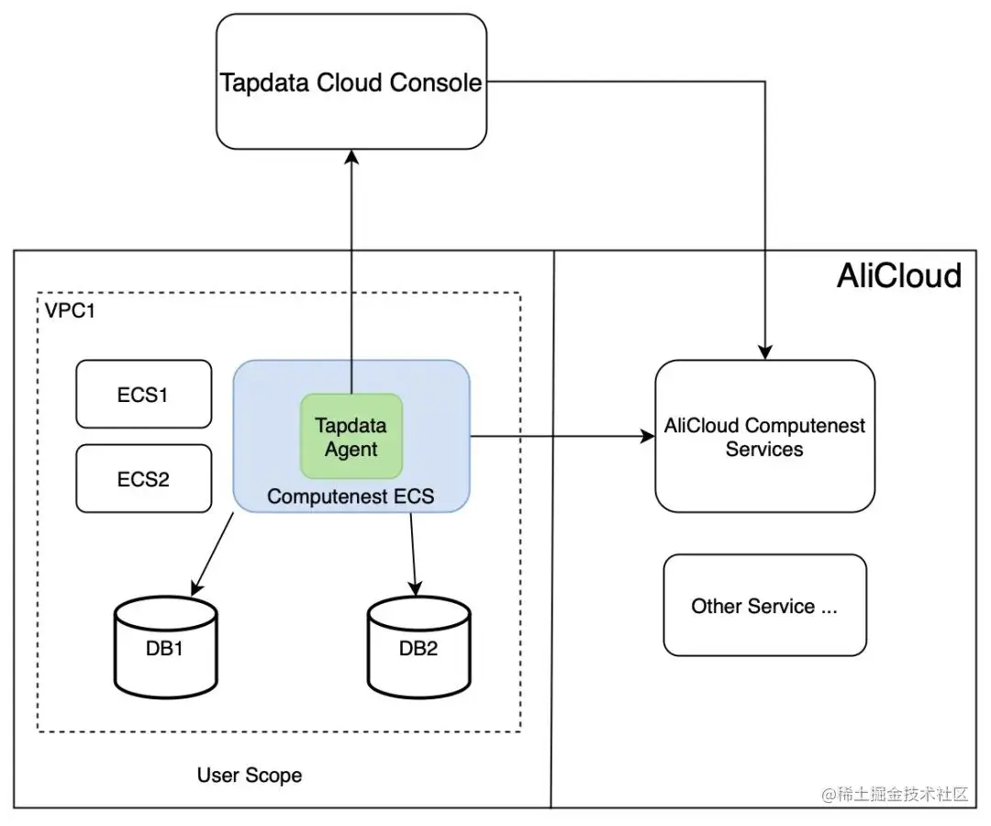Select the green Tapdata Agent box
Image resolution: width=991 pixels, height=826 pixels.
pos(351,437)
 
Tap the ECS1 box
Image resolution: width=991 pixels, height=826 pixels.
pos(143,395)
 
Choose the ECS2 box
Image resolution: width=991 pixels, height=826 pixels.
pos(143,478)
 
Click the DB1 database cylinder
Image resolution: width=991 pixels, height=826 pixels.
pos(166,647)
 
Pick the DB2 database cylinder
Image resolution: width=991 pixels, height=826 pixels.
pos(418,647)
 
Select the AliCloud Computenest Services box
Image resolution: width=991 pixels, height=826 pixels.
pos(764,437)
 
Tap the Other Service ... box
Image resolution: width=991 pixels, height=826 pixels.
pos(764,606)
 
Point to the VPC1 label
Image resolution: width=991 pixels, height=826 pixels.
pos(70,310)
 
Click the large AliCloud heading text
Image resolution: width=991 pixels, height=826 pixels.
pos(898,275)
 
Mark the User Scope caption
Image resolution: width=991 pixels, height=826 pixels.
pos(249,776)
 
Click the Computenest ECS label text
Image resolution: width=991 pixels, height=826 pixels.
pos(351,497)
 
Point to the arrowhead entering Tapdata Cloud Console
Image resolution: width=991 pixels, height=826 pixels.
pos(351,158)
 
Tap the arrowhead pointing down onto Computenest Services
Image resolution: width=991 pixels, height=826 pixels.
pos(764,352)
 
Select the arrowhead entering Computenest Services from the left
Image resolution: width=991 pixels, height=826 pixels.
pos(646,437)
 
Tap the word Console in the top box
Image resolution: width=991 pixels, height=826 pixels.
pos(436,83)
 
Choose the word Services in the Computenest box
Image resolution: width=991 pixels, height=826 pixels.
pos(764,450)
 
